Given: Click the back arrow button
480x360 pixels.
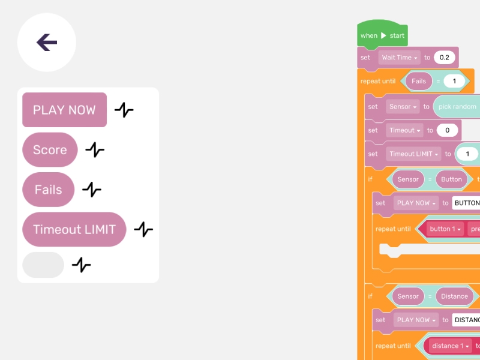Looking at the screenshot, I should pos(47,43).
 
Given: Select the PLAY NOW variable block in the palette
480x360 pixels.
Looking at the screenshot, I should pos(64,110).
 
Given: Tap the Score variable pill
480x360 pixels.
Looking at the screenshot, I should pos(50,149).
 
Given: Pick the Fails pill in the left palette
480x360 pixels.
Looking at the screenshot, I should pos(48,190).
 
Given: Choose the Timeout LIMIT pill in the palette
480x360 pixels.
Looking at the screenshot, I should pos(74,229).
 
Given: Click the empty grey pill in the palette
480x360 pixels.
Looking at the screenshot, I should pos(43,265).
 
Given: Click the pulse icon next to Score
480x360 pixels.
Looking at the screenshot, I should pos(95,149).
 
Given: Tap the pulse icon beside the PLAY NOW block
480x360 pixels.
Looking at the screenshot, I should pos(124,110).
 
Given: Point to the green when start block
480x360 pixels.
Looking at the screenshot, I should pos(382,35).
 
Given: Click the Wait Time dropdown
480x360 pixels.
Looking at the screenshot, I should pos(400,58).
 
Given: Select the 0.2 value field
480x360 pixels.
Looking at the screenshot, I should pos(444,58).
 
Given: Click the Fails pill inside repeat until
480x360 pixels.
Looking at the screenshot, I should pos(419,81).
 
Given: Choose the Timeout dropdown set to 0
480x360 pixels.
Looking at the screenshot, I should pos(404,130).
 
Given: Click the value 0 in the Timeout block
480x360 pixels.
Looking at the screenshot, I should pos(447,130).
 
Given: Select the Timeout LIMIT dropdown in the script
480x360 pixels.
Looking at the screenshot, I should pos(413,154).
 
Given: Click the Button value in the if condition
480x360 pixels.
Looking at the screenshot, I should pos(451,179).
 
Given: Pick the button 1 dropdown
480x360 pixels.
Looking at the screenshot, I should pos(446,229).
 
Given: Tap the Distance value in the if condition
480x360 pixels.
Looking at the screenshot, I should pos(454,296).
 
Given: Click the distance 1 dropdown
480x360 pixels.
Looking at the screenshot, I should pos(450,346).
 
